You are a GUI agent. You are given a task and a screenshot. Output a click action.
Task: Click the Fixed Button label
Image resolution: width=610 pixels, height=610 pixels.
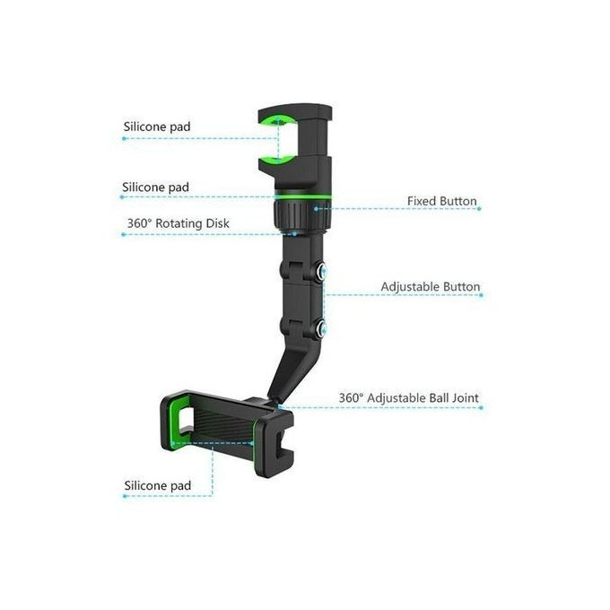point(442,201)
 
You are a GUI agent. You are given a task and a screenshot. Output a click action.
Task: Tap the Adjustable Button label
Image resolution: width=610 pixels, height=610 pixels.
point(431,287)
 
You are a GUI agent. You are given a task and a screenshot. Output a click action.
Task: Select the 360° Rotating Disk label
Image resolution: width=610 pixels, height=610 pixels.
point(179,223)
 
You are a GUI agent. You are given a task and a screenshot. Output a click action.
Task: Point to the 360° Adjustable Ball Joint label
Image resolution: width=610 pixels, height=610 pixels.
point(408,398)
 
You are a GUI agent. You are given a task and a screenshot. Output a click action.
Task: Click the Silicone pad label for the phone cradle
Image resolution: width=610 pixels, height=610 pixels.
point(158,485)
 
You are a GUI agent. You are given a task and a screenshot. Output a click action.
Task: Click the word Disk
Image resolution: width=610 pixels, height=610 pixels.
point(217,223)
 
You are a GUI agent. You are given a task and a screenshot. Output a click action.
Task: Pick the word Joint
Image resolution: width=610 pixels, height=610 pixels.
point(466,398)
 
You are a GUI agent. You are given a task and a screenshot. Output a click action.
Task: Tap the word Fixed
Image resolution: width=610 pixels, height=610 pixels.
point(423,201)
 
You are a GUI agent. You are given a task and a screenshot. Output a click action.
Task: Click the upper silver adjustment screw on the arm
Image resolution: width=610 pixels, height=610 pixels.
point(322,270)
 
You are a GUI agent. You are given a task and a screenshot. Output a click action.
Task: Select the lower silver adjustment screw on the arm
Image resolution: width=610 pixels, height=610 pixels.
point(322,330)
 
